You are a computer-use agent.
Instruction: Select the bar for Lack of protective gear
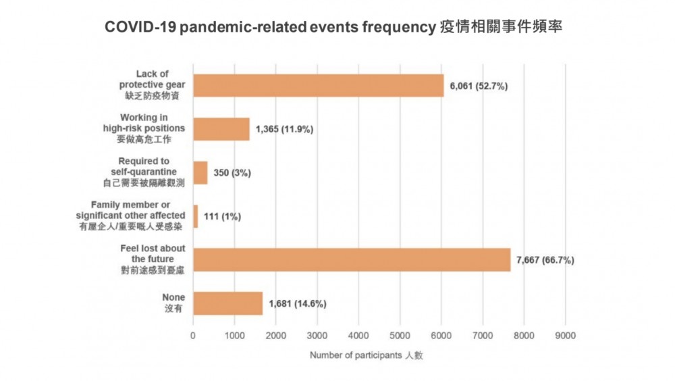click(318, 86)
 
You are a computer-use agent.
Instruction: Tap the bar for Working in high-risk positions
click(221, 129)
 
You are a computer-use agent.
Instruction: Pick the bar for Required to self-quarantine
click(200, 173)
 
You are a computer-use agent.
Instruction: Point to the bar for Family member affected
click(196, 216)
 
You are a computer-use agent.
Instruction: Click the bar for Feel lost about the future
click(352, 259)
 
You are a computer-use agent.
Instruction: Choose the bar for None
click(227, 303)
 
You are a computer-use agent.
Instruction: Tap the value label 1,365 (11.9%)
click(284, 129)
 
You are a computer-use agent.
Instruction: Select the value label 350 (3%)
click(232, 173)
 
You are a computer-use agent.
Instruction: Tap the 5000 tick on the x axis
click(400, 335)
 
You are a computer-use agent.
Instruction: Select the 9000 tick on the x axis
click(565, 335)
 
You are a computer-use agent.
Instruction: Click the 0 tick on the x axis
click(194, 335)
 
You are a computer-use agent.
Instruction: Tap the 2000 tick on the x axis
click(276, 335)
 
